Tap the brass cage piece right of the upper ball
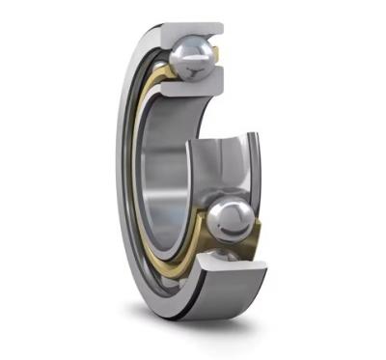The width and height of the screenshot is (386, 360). click(x=219, y=60)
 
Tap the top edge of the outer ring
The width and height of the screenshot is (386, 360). click(x=174, y=23)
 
